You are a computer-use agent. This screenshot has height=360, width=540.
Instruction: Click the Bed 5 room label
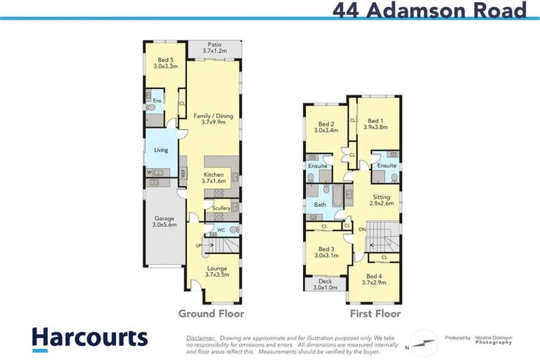[165, 63]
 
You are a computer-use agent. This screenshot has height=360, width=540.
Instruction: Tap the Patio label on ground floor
[214, 48]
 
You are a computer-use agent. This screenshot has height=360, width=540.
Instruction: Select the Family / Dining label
[213, 119]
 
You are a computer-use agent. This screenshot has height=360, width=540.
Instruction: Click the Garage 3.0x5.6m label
[165, 221]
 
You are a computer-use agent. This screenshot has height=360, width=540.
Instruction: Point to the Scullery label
[221, 208]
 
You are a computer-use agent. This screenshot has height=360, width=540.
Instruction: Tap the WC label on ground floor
[221, 229]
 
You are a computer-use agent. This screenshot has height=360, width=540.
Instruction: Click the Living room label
[161, 150]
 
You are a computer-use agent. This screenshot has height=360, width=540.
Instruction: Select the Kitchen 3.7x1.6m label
[213, 178]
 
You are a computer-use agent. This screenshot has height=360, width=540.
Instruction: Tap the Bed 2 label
[326, 127]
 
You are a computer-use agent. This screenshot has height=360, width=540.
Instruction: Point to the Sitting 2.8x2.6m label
[381, 200]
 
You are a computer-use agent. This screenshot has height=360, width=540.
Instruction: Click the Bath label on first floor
[320, 205]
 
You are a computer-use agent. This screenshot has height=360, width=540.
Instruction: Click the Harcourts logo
[90, 337]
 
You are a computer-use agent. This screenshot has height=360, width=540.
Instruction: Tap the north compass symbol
[422, 340]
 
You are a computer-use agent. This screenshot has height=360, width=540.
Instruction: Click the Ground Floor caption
[211, 314]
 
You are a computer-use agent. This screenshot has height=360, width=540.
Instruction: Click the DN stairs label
[362, 229]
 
